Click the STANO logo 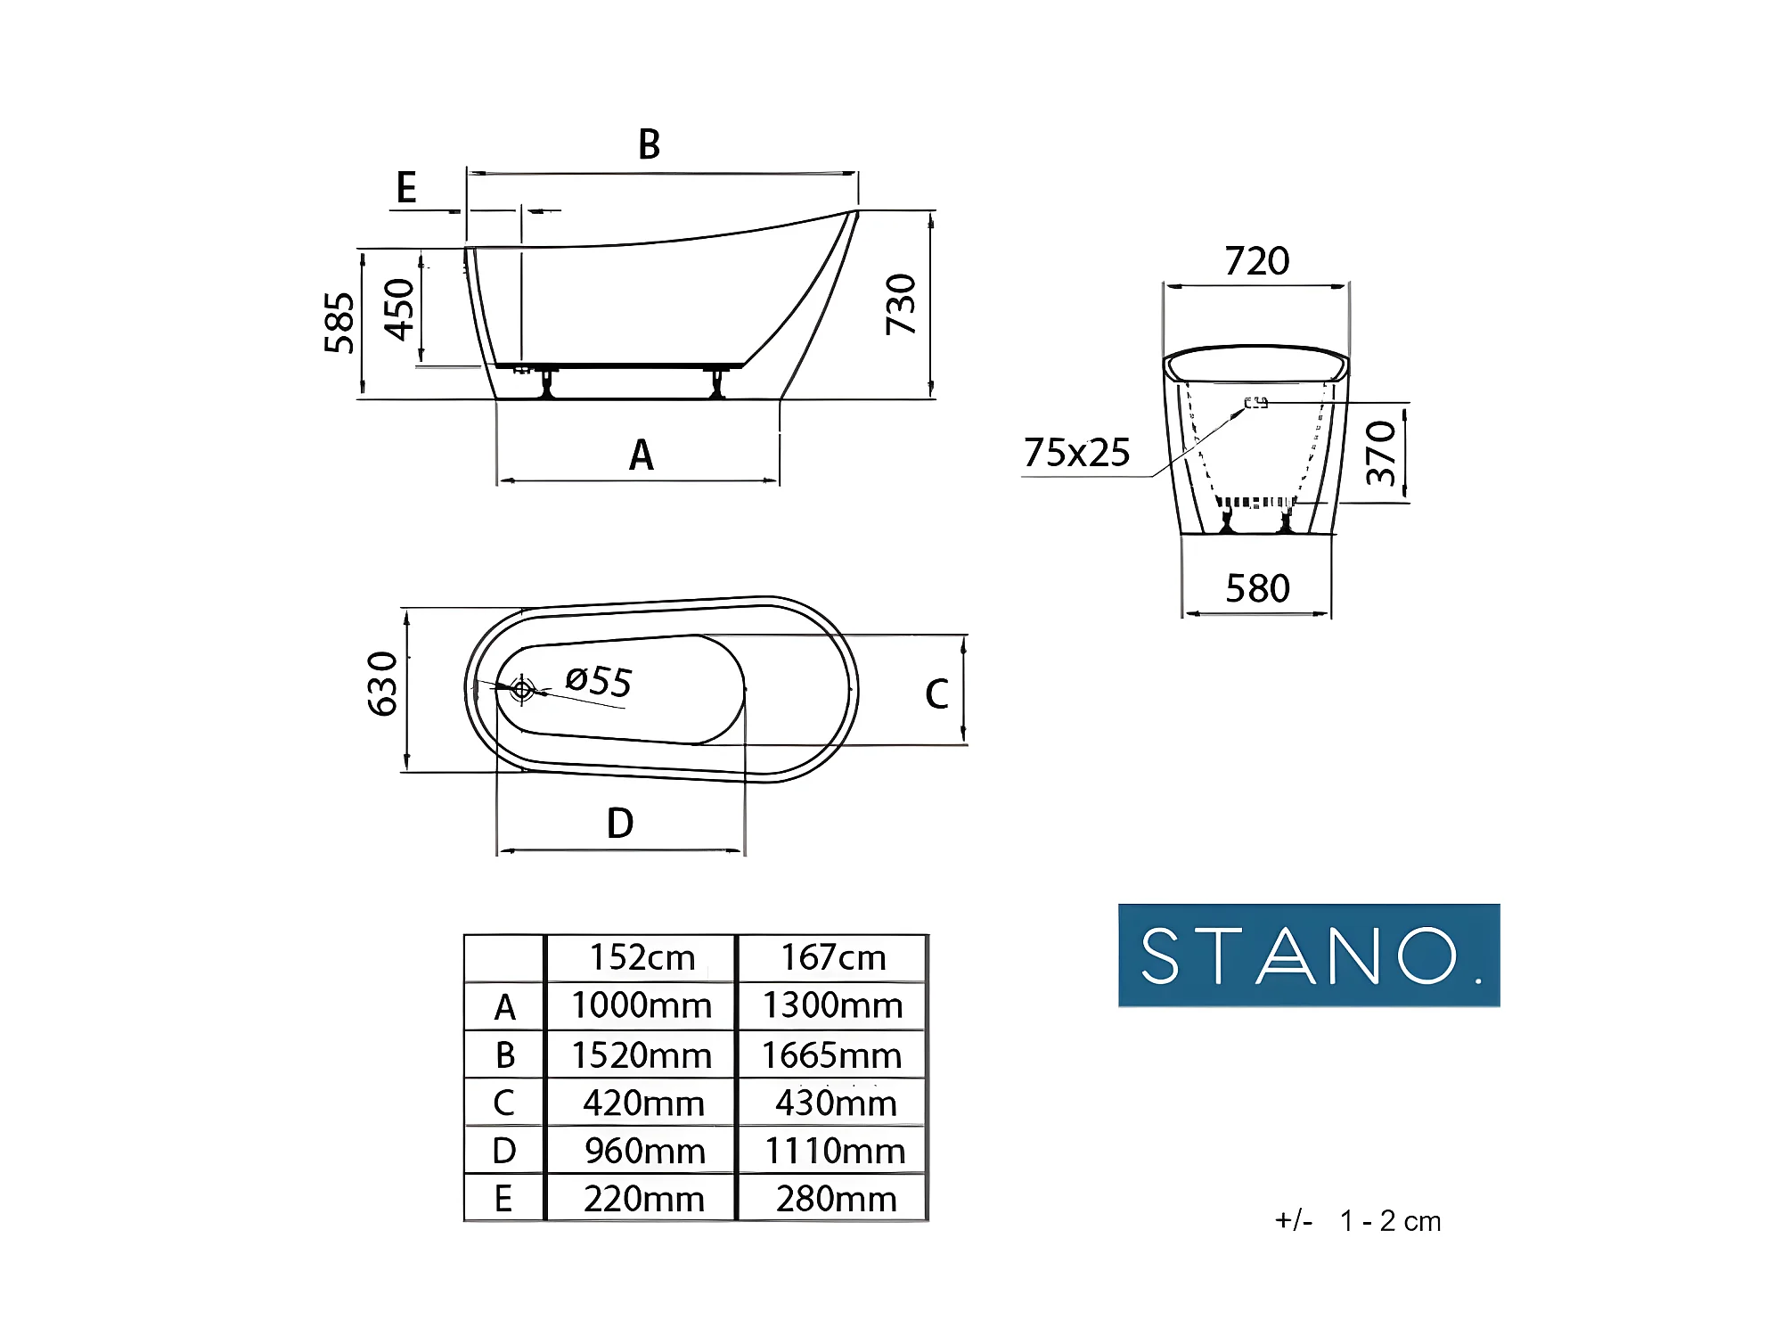pyautogui.click(x=1309, y=956)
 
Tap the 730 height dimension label pyautogui.click(x=901, y=305)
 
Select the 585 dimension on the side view pyautogui.click(x=339, y=323)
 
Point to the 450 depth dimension pyautogui.click(x=399, y=309)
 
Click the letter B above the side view pyautogui.click(x=650, y=144)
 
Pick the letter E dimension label pyautogui.click(x=406, y=187)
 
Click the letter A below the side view pyautogui.click(x=642, y=455)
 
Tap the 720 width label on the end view pyautogui.click(x=1257, y=261)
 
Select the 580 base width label pyautogui.click(x=1257, y=588)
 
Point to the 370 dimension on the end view pyautogui.click(x=1381, y=453)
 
